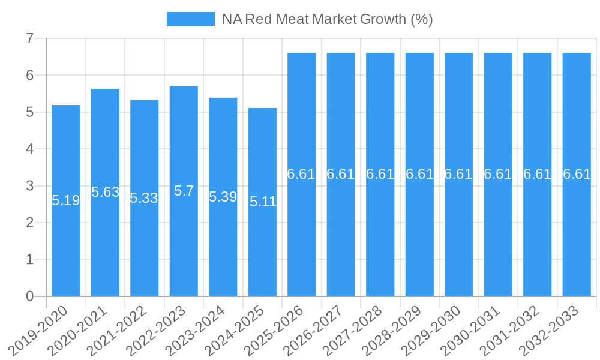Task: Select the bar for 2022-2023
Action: click(x=184, y=240)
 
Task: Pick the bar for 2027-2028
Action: click(x=380, y=240)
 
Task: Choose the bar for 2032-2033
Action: click(x=577, y=240)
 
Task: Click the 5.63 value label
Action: click(x=105, y=192)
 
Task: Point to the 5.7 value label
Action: click(x=184, y=191)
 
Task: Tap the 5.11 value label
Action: click(x=263, y=202)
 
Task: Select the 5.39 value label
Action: click(x=223, y=197)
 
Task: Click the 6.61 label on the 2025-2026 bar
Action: click(x=301, y=174)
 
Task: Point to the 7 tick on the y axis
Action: click(x=29, y=39)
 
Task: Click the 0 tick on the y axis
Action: click(x=29, y=296)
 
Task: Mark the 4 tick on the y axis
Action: click(x=29, y=149)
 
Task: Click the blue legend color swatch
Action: click(x=190, y=19)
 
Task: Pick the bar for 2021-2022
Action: click(x=145, y=252)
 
